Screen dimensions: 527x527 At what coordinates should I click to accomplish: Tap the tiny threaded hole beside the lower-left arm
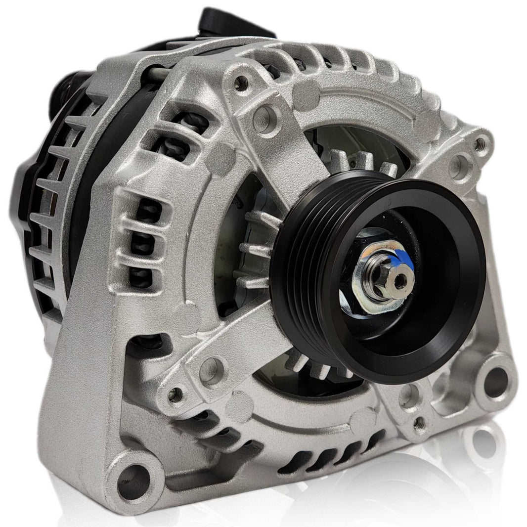[x=173, y=394]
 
